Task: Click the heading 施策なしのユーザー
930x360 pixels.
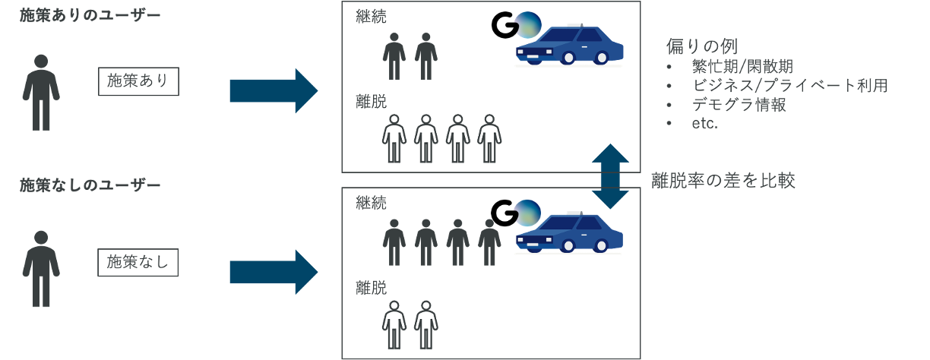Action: pyautogui.click(x=90, y=185)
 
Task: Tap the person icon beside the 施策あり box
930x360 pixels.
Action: pyautogui.click(x=41, y=92)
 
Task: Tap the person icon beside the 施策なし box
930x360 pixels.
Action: pyautogui.click(x=41, y=269)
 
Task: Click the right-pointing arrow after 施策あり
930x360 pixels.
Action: pyautogui.click(x=274, y=90)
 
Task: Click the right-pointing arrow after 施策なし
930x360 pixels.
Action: pyautogui.click(x=274, y=272)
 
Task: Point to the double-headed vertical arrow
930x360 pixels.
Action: pyautogui.click(x=610, y=176)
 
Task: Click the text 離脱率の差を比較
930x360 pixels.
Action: pyautogui.click(x=723, y=181)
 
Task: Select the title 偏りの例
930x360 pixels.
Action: pyautogui.click(x=702, y=46)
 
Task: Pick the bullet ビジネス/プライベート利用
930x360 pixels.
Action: pyautogui.click(x=789, y=85)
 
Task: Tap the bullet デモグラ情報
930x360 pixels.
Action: pyautogui.click(x=739, y=105)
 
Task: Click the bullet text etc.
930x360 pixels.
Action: pyautogui.click(x=705, y=124)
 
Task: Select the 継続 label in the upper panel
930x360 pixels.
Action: pyautogui.click(x=371, y=18)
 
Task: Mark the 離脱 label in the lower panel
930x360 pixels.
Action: pyautogui.click(x=371, y=289)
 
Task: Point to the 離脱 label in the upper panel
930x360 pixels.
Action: pyautogui.click(x=371, y=101)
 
